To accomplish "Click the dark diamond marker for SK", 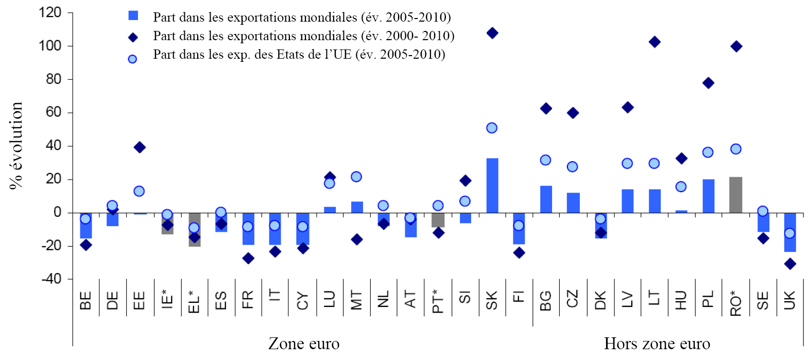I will [x=492, y=33].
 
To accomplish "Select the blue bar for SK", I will [x=492, y=185].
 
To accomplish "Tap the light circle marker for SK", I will [x=492, y=128].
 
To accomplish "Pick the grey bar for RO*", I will [x=736, y=195].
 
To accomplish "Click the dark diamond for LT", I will [x=655, y=42].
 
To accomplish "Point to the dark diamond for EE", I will [x=139, y=147].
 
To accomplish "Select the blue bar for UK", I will [x=790, y=232].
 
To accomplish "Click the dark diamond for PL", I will [x=708, y=83].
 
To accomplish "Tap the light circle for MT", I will [x=356, y=177].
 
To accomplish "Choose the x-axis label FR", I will [x=248, y=299].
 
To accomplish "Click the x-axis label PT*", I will [x=438, y=301].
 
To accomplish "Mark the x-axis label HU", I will [x=681, y=300].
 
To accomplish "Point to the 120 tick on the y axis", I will [x=50, y=12].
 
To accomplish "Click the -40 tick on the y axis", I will [x=50, y=279].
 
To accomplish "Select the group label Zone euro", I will [x=304, y=344].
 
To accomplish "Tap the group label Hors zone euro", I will [x=657, y=344].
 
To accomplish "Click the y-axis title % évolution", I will [x=16, y=146].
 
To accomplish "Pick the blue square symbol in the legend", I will [x=133, y=15].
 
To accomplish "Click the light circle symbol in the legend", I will [x=132, y=59].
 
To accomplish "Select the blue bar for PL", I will [x=708, y=196].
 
